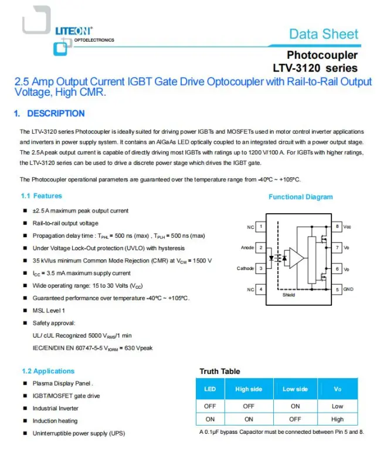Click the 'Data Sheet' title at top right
323,34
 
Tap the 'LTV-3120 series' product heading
315,68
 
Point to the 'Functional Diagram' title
300,197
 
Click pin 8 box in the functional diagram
337,227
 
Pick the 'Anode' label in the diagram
247,248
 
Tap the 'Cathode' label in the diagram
245,268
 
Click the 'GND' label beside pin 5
348,289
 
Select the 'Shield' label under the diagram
289,295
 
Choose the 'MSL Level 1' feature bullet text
49,311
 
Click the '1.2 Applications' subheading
48,371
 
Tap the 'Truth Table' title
219,372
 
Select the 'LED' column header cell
210,389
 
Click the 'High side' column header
249,389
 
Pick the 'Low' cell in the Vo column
337,406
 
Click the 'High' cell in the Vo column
337,420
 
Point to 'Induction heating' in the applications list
55,421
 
